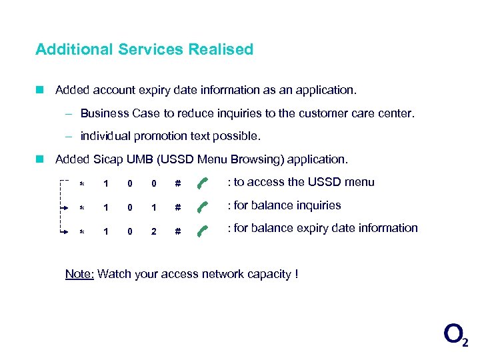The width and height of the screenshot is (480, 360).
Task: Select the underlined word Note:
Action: [x=79, y=274]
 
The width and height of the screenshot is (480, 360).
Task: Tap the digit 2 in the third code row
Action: [x=153, y=231]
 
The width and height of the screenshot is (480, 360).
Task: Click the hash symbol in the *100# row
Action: [x=177, y=183]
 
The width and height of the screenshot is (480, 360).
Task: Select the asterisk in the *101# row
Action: [x=82, y=209]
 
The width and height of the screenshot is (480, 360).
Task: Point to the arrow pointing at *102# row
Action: [x=65, y=231]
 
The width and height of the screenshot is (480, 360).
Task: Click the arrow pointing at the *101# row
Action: [x=65, y=208]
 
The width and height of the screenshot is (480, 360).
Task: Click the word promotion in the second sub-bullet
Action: [x=161, y=136]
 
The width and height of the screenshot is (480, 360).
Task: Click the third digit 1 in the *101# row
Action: [x=153, y=208]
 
